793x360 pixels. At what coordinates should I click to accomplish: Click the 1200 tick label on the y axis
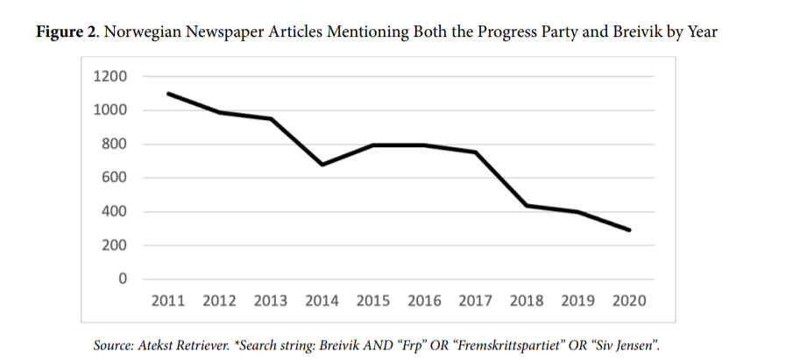click(110, 77)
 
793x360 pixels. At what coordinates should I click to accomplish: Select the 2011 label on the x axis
click(168, 301)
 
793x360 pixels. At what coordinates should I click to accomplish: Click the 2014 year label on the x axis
click(322, 301)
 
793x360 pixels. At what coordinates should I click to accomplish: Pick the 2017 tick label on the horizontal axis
click(476, 301)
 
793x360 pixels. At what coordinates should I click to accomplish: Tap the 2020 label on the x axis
click(629, 301)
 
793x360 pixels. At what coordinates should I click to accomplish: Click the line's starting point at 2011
click(168, 94)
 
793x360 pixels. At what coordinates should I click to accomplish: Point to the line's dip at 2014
click(322, 164)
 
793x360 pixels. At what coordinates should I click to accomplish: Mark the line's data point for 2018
click(527, 205)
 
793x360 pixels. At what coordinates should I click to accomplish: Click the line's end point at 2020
click(629, 230)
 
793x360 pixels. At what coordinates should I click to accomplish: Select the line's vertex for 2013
click(271, 119)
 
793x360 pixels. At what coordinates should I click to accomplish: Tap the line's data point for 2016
click(425, 145)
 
